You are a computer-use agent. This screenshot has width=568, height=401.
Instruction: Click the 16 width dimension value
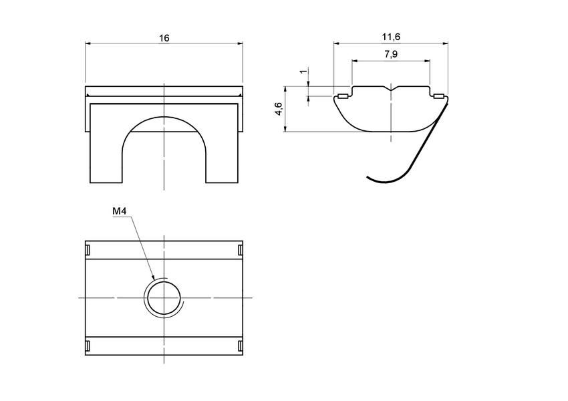pyautogui.click(x=164, y=38)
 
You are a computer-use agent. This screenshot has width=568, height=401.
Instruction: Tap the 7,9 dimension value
pyautogui.click(x=391, y=55)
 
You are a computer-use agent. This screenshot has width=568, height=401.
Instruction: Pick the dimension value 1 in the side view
pyautogui.click(x=303, y=72)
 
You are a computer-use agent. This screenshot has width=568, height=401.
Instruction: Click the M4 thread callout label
pyautogui.click(x=119, y=211)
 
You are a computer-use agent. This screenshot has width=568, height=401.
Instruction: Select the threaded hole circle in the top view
pyautogui.click(x=164, y=297)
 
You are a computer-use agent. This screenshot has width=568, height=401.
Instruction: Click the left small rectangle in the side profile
pyautogui.click(x=343, y=96)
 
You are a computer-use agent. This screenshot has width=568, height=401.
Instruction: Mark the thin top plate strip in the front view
pyautogui.click(x=164, y=91)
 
